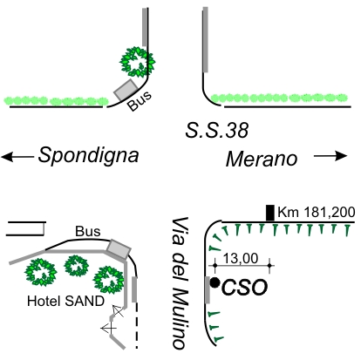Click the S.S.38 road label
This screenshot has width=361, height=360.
217,130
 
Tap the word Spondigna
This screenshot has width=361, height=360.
89,156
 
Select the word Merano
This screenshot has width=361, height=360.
262,159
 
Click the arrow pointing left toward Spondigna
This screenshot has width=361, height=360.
17,157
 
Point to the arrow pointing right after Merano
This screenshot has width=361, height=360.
330,156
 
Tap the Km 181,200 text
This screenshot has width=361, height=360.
317,212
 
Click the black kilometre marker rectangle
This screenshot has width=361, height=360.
270,213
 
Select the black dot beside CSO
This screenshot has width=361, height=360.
215,282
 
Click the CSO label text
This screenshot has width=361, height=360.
244,288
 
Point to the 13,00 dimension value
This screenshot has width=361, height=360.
241,258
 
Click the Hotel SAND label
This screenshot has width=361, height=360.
65,301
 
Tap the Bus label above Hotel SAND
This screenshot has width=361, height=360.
88,231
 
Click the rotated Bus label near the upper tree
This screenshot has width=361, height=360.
140,100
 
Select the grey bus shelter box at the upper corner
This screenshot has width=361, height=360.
126,90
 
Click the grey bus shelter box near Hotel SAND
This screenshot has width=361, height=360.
119,249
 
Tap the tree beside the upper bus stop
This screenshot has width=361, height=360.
137,62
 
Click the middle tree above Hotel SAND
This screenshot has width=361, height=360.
77,266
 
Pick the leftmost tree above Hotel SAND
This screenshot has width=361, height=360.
41,272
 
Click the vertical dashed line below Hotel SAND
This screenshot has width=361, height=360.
137,325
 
